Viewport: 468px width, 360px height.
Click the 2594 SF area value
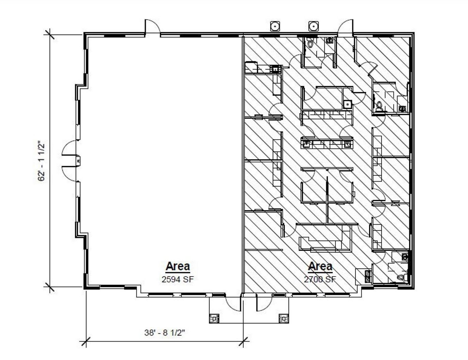point(178,279)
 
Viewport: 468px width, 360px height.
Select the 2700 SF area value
point(320,279)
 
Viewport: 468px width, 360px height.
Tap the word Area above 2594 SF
point(178,266)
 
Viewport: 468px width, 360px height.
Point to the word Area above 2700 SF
point(320,266)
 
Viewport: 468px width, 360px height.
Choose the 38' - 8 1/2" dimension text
point(165,333)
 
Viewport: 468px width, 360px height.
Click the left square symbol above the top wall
point(275,26)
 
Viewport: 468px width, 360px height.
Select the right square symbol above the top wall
point(313,26)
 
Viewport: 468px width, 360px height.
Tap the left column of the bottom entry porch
point(214,318)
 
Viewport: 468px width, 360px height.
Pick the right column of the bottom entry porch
point(284,318)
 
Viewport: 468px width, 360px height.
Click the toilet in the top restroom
point(310,42)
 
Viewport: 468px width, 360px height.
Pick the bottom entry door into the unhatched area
point(233,304)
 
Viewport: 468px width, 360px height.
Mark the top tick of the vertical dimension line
point(49,34)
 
